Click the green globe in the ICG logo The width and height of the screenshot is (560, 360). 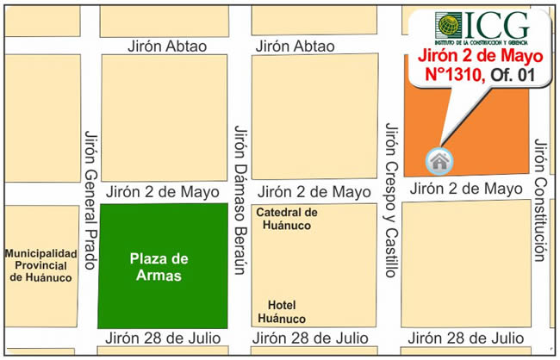(448, 25)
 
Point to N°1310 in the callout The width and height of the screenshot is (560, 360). (456, 76)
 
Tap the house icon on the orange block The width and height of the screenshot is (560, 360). (439, 159)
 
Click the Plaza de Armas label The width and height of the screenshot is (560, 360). (159, 267)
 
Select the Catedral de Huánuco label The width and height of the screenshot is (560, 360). (288, 219)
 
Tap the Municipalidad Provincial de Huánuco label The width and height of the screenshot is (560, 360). (41, 265)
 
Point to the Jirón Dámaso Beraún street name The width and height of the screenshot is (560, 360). (240, 200)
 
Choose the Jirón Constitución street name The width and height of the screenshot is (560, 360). (540, 200)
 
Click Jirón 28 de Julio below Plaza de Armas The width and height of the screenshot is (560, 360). (163, 338)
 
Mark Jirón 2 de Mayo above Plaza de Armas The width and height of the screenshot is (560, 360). (163, 192)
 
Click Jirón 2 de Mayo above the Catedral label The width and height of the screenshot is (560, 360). (314, 192)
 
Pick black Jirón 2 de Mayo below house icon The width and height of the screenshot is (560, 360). (465, 189)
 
